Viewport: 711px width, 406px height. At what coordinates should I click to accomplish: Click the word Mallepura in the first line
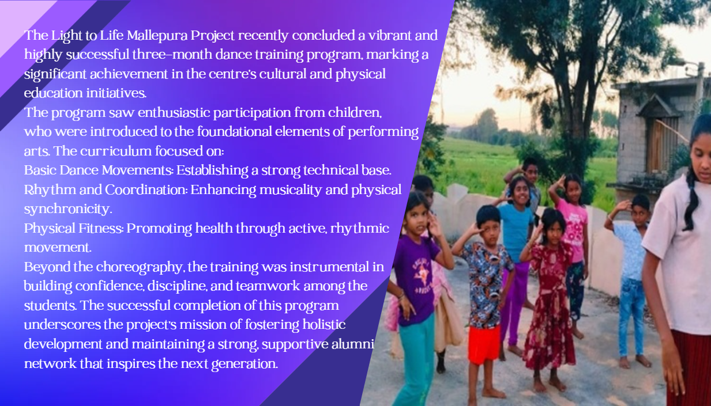(x=157, y=35)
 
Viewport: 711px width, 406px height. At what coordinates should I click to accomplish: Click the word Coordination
(x=146, y=190)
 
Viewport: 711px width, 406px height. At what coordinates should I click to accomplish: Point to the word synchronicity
(x=68, y=210)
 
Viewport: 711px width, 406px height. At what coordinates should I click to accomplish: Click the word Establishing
(x=212, y=170)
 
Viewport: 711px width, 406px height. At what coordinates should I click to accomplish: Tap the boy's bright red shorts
(x=483, y=344)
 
